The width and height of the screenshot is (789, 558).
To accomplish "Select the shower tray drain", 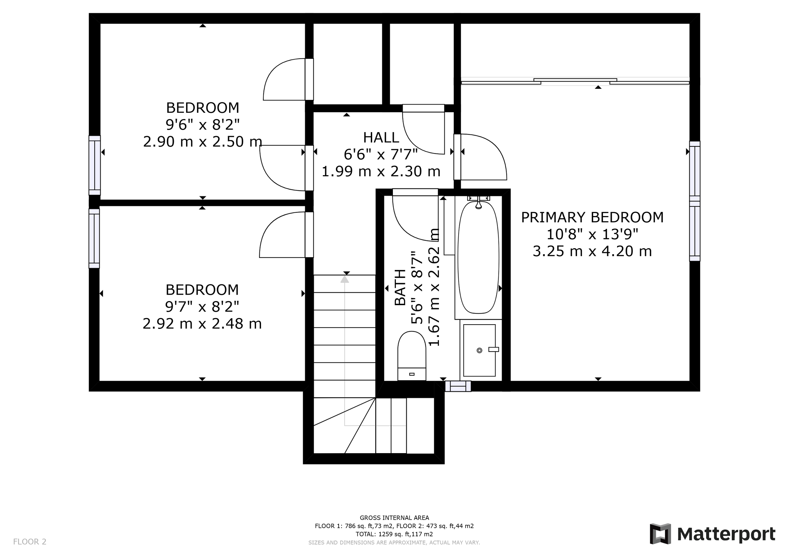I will point(479,350).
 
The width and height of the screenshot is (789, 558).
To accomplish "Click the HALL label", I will point(381,138).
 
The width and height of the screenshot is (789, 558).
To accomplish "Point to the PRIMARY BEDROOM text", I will point(592,217).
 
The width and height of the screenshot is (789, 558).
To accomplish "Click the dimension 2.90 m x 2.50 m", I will point(203,142).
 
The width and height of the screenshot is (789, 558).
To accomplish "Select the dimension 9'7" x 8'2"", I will point(202,306).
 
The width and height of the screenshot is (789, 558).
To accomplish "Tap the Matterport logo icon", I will point(660,534).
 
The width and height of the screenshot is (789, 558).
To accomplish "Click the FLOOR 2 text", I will point(30,542).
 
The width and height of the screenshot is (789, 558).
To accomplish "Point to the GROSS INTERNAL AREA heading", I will point(394,518).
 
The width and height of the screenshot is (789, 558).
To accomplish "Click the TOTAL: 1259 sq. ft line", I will point(394,534).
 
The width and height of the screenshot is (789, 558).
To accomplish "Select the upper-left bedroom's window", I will point(94,165).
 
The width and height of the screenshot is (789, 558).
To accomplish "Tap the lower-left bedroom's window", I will point(94,238).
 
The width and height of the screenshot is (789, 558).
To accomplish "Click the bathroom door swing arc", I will point(409,227).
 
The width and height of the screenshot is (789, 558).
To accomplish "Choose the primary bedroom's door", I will point(457,157).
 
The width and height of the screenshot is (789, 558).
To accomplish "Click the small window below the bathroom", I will point(458,386).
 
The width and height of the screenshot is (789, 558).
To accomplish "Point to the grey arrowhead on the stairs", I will point(345,279).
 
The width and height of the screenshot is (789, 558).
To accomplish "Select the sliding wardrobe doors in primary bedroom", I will point(575,82).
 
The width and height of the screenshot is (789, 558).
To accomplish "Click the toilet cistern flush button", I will point(412,374).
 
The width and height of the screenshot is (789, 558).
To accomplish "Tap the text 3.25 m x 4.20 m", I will point(592,251).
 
